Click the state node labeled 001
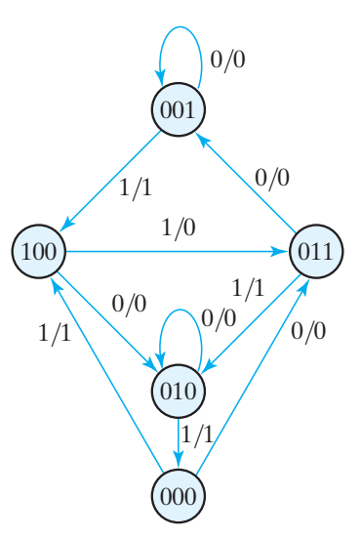click(178, 110)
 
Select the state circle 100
click(39, 252)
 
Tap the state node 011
click(316, 252)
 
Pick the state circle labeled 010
click(178, 391)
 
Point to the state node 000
click(178, 495)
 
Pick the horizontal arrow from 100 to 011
click(176, 252)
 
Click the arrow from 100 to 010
click(107, 321)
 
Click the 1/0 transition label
click(178, 228)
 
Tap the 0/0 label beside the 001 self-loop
click(228, 59)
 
